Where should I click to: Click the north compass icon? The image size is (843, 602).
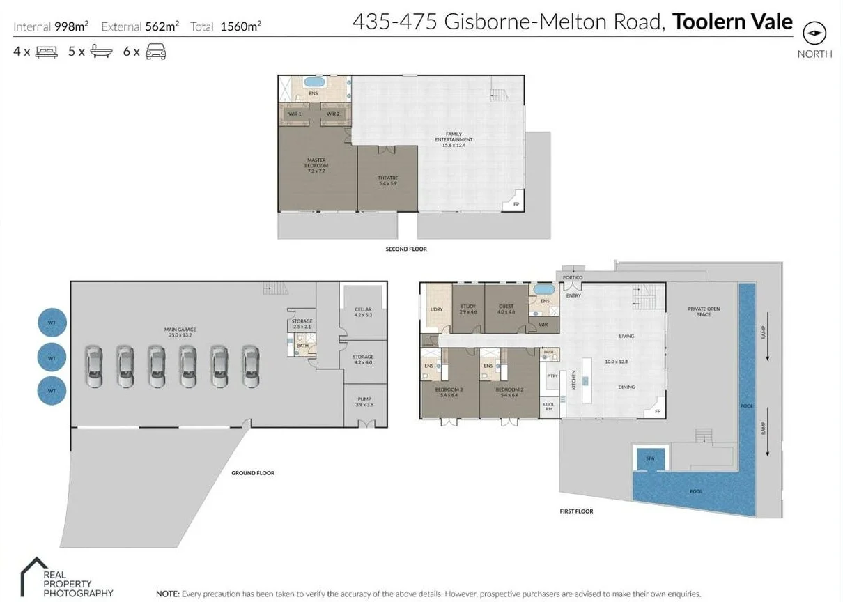pyautogui.click(x=814, y=33)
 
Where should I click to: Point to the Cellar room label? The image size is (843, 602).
pyautogui.click(x=363, y=311)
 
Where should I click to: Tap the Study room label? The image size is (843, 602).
pyautogui.click(x=468, y=309)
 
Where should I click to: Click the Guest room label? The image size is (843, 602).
pyautogui.click(x=506, y=309)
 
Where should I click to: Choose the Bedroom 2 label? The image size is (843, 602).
pyautogui.click(x=509, y=392)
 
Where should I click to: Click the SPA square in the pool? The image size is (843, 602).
pyautogui.click(x=650, y=458)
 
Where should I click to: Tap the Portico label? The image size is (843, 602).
pyautogui.click(x=573, y=277)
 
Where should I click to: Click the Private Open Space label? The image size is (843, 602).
pyautogui.click(x=704, y=311)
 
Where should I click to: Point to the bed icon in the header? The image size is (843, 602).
pyautogui.click(x=46, y=52)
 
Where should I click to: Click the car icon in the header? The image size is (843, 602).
pyautogui.click(x=155, y=52)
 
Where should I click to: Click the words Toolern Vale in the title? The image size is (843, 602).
pyautogui.click(x=732, y=22)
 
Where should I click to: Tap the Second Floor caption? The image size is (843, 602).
pyautogui.click(x=405, y=249)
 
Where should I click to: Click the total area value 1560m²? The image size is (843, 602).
pyautogui.click(x=240, y=27)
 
